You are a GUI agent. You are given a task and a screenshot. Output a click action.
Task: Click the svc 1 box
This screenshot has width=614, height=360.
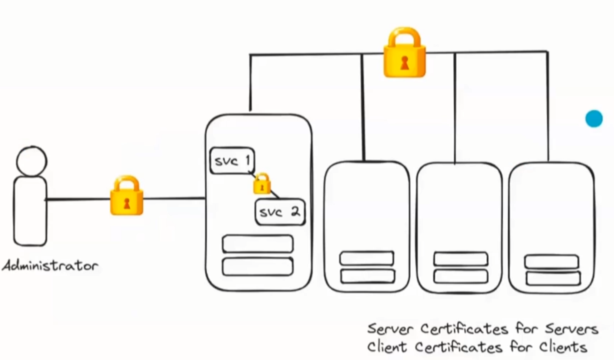click(232, 161)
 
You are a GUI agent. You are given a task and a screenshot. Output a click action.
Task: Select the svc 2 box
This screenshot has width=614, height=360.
click(280, 212)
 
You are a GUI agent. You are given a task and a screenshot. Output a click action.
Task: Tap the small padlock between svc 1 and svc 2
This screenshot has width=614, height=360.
click(262, 184)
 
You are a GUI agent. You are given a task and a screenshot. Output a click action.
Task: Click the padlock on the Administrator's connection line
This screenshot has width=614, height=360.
click(127, 196)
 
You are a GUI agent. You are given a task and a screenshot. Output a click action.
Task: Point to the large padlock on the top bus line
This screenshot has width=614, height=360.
click(404, 53)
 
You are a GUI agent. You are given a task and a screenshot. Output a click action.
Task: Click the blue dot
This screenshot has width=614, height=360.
click(594, 119)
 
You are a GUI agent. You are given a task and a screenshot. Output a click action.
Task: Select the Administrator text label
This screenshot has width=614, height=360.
click(50, 265)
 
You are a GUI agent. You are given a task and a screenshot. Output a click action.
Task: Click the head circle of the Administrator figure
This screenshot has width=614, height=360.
click(31, 161)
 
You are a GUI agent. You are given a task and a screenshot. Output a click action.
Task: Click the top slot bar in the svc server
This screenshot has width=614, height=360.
click(258, 244)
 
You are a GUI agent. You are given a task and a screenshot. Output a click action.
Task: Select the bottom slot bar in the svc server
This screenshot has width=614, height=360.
click(258, 267)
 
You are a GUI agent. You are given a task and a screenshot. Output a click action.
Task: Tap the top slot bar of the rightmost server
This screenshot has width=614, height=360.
click(552, 262)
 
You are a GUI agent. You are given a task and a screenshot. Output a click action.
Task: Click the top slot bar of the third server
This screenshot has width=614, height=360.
click(460, 259)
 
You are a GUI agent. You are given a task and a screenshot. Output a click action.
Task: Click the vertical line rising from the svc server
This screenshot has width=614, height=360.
click(250, 82)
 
